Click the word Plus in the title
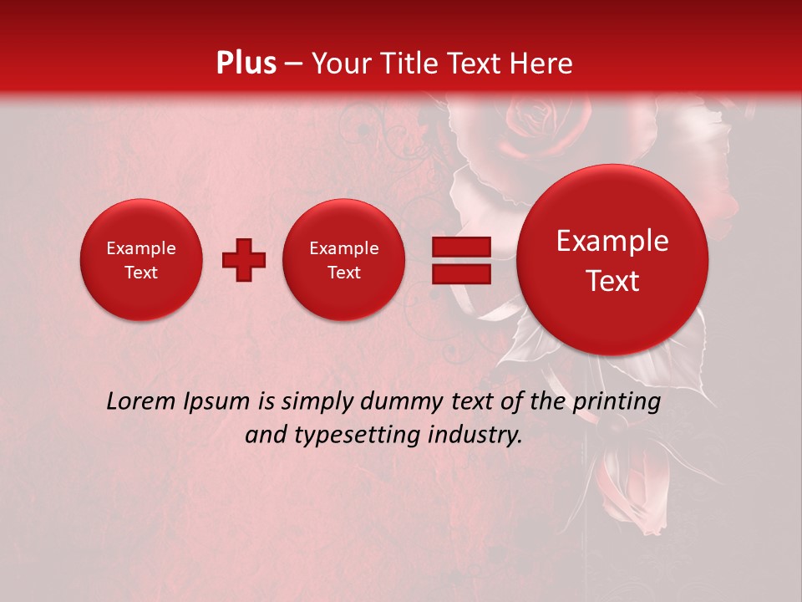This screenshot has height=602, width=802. pos(246,64)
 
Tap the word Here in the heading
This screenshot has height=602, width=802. pos(541,64)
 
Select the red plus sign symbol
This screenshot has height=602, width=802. pos(244,260)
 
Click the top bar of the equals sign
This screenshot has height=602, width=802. pos(461,247)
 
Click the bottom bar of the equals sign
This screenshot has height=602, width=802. pos(461,274)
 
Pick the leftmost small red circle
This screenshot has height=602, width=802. pos(141,260)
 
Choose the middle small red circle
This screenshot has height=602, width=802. pos(344,260)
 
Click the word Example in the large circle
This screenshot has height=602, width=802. pos(612,242)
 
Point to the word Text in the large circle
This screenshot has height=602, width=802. pos(612,281)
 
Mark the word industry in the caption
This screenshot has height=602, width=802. pos(475,436)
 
